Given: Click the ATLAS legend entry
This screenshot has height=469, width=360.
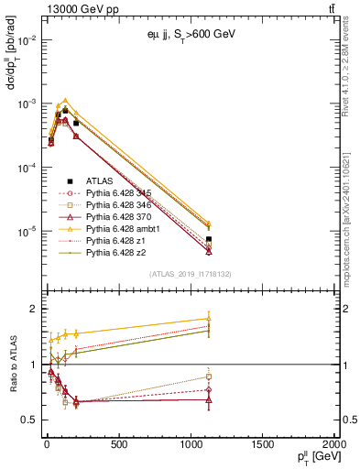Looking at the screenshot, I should (x=99, y=181).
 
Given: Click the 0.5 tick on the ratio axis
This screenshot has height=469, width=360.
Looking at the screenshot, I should (x=28, y=420).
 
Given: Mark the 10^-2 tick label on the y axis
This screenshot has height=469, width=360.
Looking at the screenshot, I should (x=24, y=40).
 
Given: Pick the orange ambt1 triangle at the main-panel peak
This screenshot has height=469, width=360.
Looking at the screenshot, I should (x=64, y=100).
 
